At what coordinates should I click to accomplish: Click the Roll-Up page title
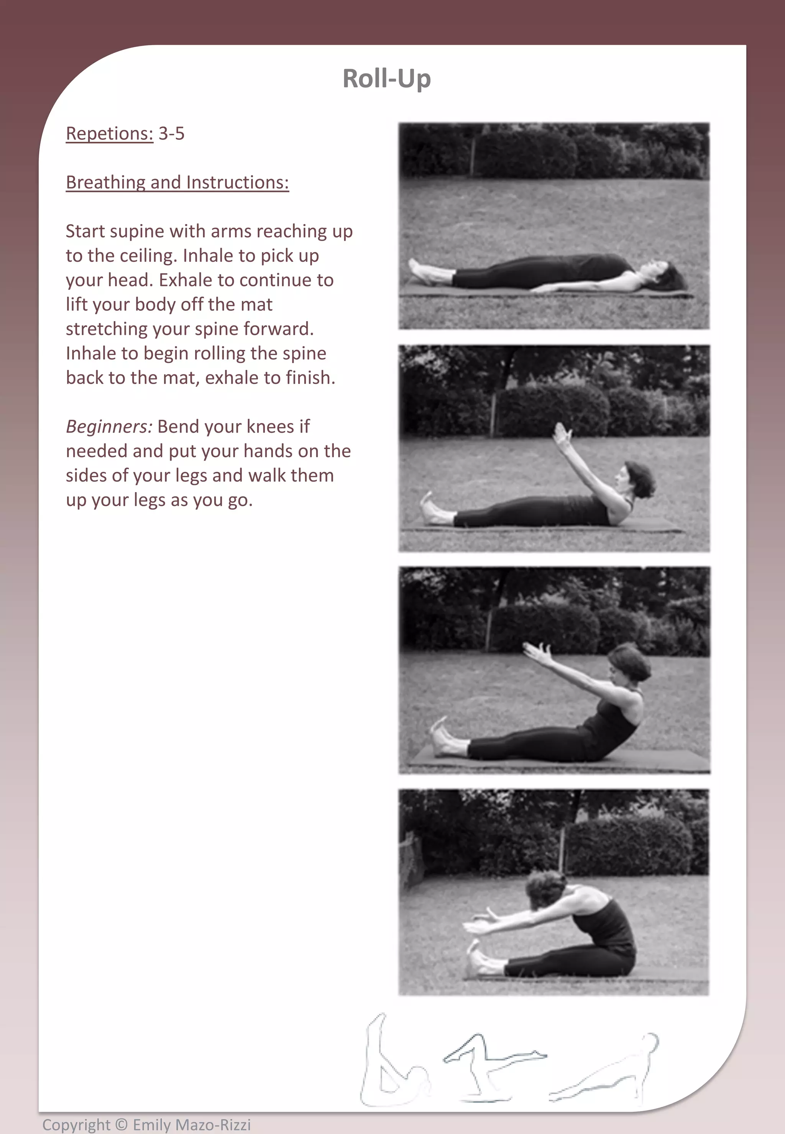(387, 79)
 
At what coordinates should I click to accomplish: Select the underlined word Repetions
(109, 134)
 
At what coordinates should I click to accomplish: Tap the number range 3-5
(171, 134)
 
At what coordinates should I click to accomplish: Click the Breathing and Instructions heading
(177, 182)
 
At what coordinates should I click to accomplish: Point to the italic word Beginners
(109, 427)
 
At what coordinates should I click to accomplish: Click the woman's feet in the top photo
(420, 271)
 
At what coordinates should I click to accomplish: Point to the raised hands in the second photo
(562, 433)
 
